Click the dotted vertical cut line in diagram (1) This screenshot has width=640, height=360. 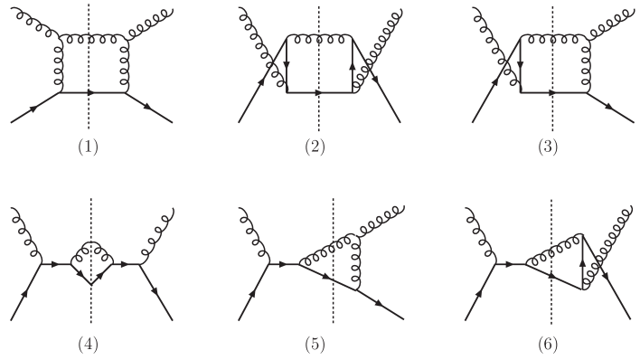(89, 113)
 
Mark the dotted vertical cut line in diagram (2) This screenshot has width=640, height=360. (319, 113)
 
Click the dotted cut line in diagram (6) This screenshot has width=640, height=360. (551, 308)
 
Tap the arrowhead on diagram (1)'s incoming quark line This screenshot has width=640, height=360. (33, 107)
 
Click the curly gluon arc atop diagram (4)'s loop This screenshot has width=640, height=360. (91, 246)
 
